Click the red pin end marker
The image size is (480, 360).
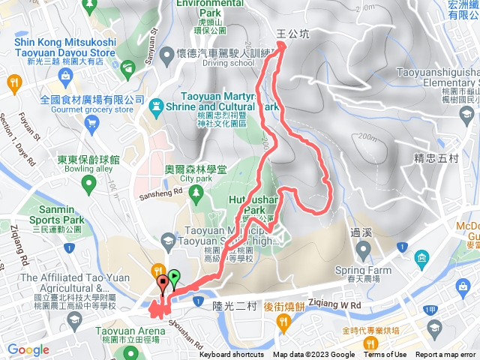pyautogui.click(x=163, y=284)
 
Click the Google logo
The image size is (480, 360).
pyautogui.click(x=28, y=349)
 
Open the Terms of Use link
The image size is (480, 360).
pyautogui.click(x=385, y=355)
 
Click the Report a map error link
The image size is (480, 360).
pyautogui.click(x=445, y=355)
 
